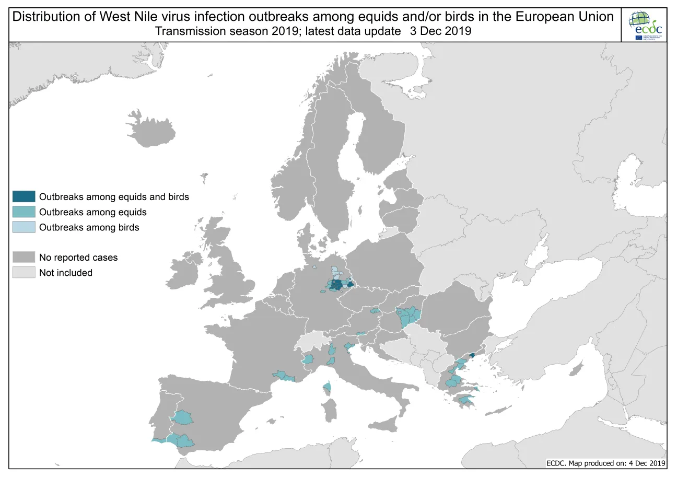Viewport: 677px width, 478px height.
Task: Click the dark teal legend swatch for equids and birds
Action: [24, 197]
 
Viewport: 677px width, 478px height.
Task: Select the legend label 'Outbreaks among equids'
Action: [92, 212]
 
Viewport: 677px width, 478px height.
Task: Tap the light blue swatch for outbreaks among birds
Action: [24, 227]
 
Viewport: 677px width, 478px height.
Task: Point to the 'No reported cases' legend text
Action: [78, 258]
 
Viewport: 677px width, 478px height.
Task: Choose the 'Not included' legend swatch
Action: [24, 272]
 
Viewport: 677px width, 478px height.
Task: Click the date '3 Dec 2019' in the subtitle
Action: [441, 31]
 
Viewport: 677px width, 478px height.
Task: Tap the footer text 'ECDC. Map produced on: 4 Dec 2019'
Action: [605, 463]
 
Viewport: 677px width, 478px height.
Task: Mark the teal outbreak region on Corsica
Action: [328, 387]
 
